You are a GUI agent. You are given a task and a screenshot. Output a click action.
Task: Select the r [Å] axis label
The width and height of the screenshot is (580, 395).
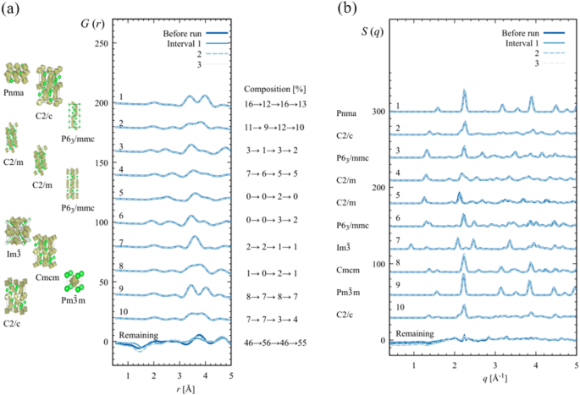click(x=171, y=387)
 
